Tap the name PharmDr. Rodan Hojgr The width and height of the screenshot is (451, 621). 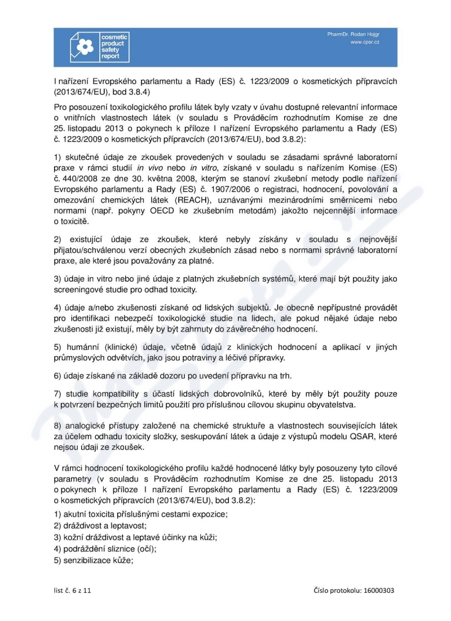tap(353, 34)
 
